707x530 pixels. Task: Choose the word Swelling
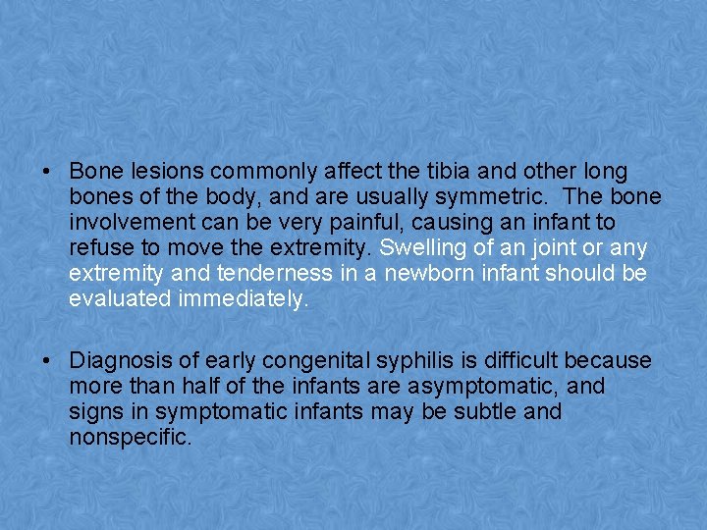(420, 248)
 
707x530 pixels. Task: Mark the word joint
(542, 248)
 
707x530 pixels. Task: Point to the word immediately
(244, 299)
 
